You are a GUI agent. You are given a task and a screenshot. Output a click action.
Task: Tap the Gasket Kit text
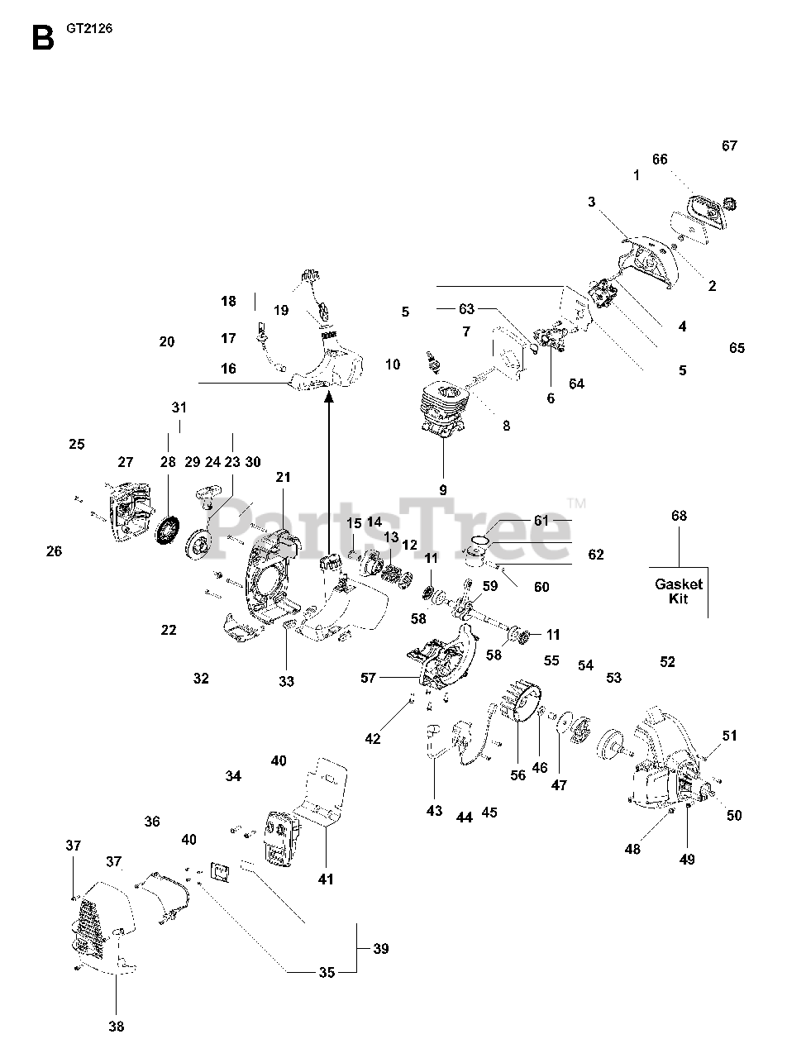679,590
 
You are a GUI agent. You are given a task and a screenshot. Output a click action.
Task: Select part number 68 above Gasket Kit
679,517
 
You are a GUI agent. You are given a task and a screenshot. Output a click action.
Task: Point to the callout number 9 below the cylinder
443,489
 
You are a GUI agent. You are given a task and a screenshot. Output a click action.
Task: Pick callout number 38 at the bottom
116,1027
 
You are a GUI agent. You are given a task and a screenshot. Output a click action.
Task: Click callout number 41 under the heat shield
326,879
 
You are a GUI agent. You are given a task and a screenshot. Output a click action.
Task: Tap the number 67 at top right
729,146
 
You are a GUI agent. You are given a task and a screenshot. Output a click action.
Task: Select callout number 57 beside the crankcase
368,678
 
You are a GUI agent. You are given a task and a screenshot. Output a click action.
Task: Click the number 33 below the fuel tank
286,681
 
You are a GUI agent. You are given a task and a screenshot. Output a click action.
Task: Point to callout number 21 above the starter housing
284,477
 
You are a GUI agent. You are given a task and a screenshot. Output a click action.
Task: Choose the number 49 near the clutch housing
687,859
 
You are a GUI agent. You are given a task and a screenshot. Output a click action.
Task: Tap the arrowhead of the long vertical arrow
329,398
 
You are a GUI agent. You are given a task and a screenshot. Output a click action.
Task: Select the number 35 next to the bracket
327,972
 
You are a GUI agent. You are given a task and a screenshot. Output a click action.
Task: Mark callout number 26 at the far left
54,551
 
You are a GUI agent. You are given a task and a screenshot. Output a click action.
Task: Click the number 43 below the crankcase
434,811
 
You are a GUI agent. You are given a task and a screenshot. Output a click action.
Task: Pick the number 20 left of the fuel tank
167,341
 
